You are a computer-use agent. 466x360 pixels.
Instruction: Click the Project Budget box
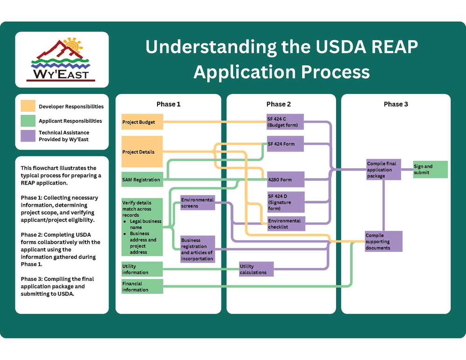pos(142,122)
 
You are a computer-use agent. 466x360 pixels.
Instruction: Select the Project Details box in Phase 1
pos(142,151)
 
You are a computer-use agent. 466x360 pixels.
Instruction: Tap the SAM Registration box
pos(142,179)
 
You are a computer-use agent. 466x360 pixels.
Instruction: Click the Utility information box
pos(142,269)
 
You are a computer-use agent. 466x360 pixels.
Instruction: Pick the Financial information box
pos(142,286)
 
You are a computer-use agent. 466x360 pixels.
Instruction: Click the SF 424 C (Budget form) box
pos(285,122)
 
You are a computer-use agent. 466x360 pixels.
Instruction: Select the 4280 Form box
pos(285,179)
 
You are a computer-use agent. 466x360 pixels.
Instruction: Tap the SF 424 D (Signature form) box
pos(285,202)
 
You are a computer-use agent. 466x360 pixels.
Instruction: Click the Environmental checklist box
pos(285,224)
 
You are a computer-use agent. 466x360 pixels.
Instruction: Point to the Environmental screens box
pos(198,203)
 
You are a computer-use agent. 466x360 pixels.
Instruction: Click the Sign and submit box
pos(430,170)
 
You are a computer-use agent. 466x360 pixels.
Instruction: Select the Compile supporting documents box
pos(384,242)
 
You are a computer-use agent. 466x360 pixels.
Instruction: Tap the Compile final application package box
pos(384,170)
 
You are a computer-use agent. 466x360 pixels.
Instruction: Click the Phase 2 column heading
pos(279,104)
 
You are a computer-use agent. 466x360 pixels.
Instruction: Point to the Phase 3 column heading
pos(396,104)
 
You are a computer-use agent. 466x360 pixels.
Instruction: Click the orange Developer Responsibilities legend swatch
pos(28,107)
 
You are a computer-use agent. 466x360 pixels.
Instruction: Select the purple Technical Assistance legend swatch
pos(28,136)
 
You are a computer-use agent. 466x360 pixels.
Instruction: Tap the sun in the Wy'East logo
pos(73,45)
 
